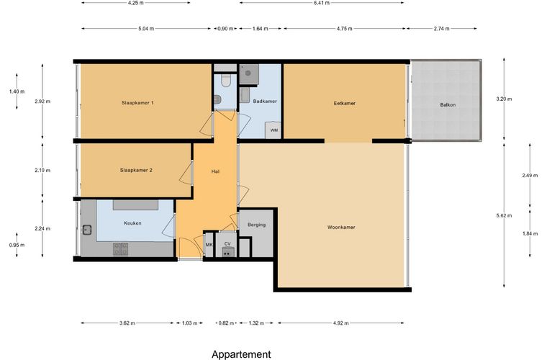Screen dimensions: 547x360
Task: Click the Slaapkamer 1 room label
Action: [x=137, y=103]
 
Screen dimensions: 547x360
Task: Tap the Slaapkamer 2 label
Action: [x=136, y=170]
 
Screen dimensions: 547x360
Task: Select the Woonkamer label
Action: [x=341, y=227]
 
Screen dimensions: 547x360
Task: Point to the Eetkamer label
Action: [x=344, y=103]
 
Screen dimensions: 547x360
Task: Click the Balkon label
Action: [x=448, y=104]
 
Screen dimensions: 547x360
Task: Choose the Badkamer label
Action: [x=265, y=102]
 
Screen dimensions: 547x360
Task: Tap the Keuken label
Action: [x=132, y=223]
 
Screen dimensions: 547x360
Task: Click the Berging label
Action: [x=256, y=225]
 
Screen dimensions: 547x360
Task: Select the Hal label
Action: [x=215, y=171]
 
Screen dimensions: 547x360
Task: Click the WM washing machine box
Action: [x=273, y=130]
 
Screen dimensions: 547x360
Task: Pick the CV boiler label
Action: [x=227, y=244]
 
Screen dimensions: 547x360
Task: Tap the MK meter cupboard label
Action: [x=209, y=245]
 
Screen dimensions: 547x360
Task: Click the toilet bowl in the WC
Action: [x=226, y=81]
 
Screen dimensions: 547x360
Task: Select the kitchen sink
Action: [x=87, y=230]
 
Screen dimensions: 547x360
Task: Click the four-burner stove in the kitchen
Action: [x=120, y=249]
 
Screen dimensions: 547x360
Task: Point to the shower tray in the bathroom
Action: [x=249, y=73]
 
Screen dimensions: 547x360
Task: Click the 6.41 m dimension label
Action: [x=321, y=3]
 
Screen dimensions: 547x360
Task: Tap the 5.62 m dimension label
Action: [x=504, y=215]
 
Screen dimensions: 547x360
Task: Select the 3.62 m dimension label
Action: [x=127, y=323]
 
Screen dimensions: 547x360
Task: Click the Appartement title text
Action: [x=241, y=355]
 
